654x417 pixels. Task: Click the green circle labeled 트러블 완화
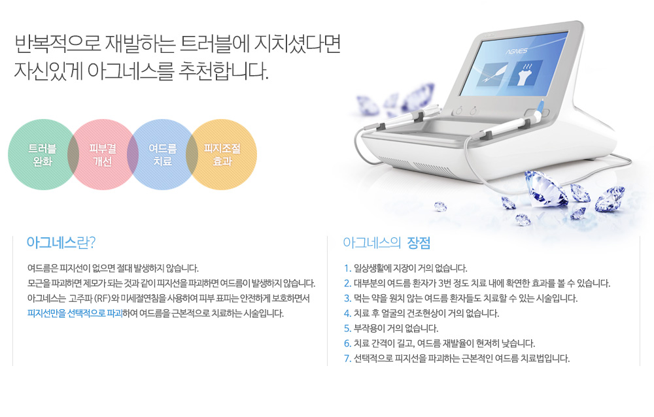(x=43, y=155)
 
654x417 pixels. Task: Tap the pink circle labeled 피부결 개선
(x=103, y=155)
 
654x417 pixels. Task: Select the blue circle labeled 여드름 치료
(x=163, y=155)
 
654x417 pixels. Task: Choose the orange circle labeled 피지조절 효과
(x=222, y=155)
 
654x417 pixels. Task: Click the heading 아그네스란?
(x=61, y=242)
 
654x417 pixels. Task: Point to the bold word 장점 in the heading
(x=419, y=242)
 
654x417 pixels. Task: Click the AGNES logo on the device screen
(x=517, y=51)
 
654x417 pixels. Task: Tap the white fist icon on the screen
(x=526, y=74)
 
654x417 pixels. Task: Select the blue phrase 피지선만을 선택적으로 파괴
(x=75, y=313)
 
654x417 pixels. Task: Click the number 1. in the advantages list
(x=347, y=268)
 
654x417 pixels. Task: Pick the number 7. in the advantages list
(x=347, y=358)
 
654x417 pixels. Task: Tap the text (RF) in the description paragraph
(x=101, y=298)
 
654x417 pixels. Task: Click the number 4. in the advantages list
(x=347, y=313)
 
